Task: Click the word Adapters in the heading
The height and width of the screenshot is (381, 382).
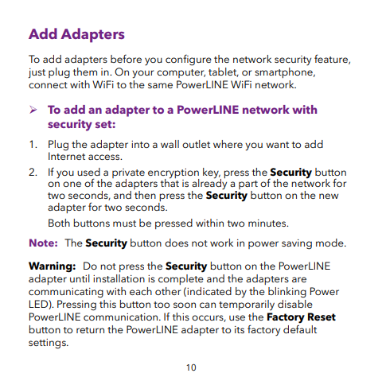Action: [95, 35]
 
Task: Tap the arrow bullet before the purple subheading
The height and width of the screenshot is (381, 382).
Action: [33, 110]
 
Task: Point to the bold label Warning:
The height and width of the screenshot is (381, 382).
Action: [52, 265]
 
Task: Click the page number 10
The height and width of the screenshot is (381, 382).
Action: [191, 367]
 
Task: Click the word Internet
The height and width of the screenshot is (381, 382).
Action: [68, 156]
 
